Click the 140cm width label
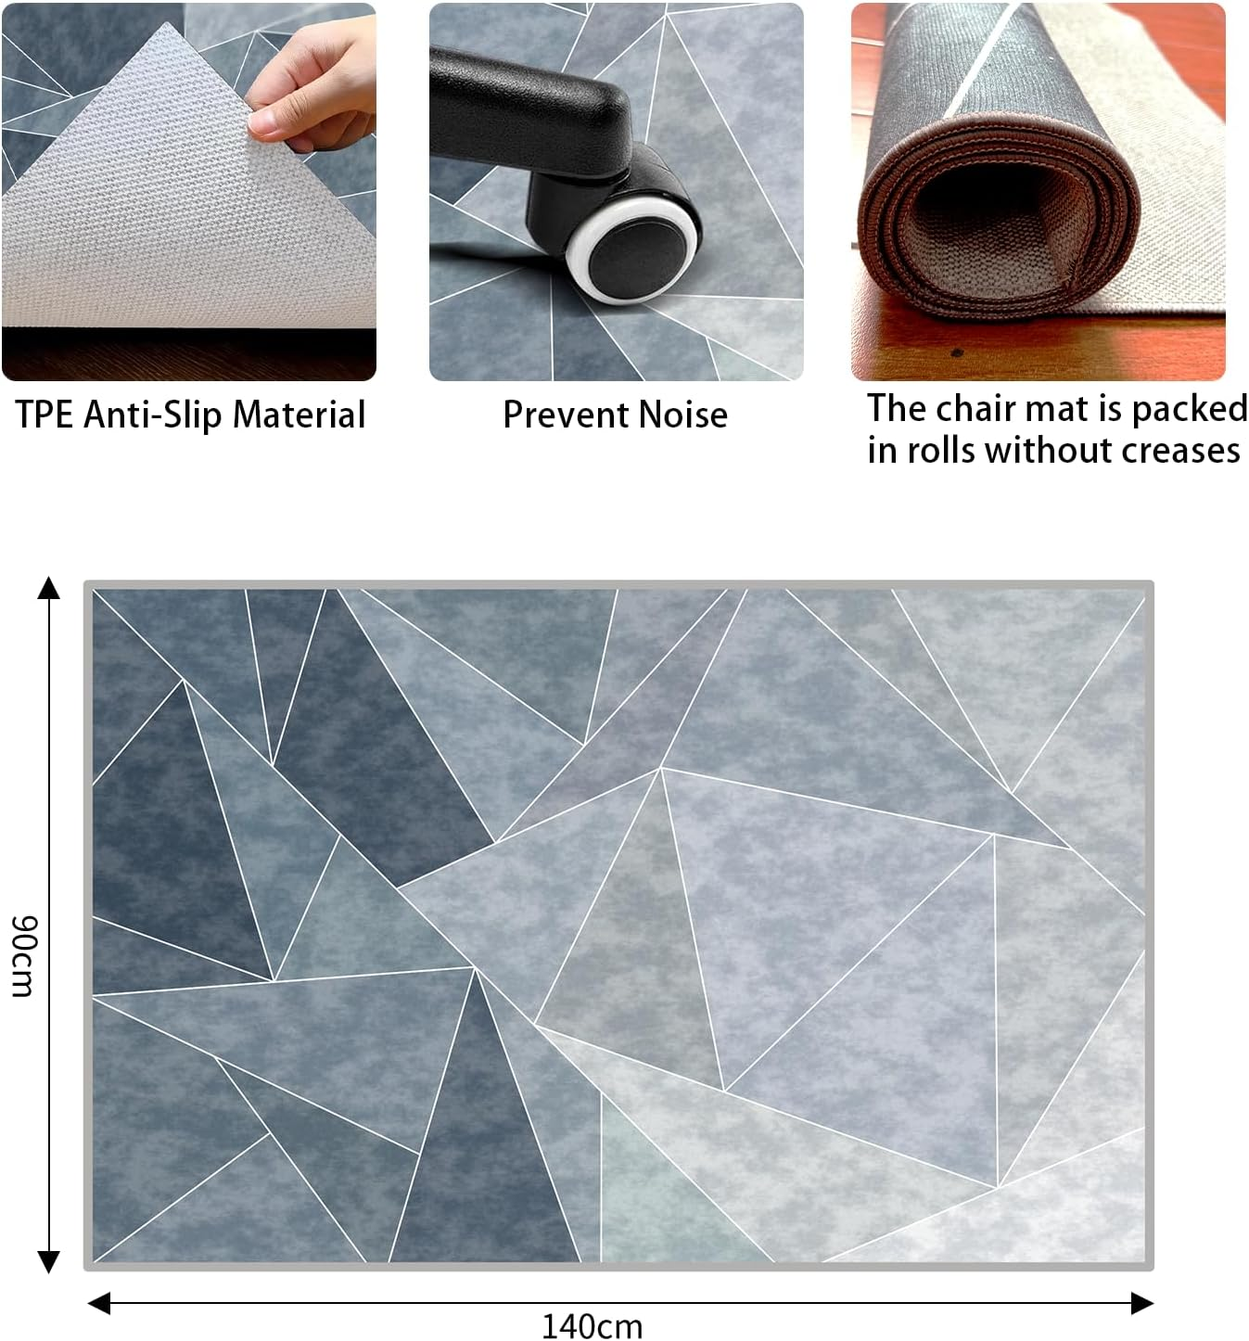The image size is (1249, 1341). [x=592, y=1325]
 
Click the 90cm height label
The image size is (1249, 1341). [x=22, y=955]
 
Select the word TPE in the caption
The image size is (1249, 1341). [x=44, y=415]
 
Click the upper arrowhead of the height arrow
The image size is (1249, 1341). [x=48, y=588]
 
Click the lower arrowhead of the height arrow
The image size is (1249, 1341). [x=48, y=1261]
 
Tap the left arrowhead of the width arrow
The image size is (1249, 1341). [x=99, y=1303]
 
